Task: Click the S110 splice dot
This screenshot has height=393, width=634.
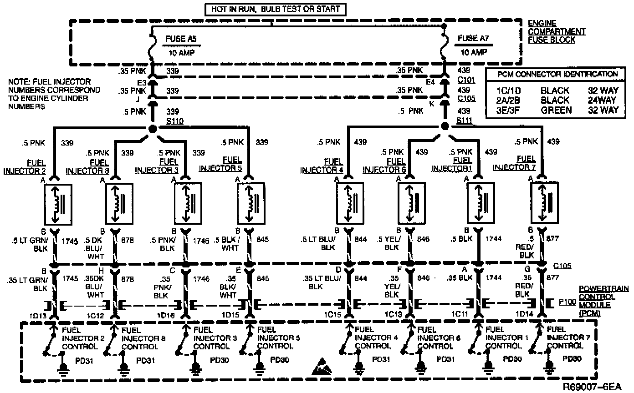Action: tap(153, 129)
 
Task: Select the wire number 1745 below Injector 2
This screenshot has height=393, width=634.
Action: tap(68, 241)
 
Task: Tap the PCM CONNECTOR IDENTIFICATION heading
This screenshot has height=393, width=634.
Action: tap(554, 74)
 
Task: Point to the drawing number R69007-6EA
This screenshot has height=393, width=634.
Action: tap(592, 388)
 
